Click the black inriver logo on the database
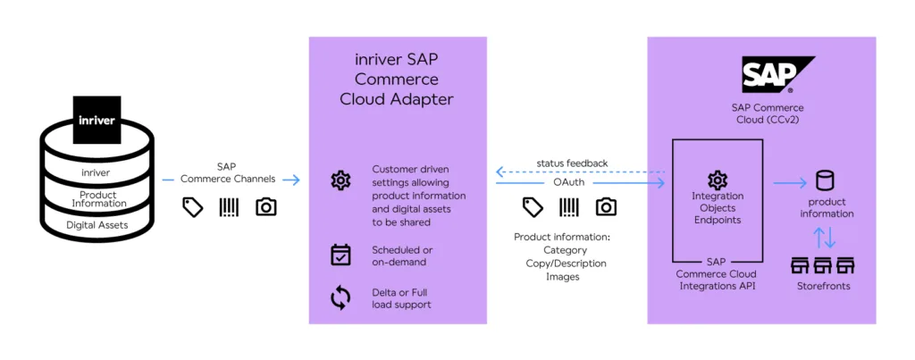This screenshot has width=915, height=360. [x=96, y=120]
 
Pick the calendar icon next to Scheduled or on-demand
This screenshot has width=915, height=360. [x=340, y=255]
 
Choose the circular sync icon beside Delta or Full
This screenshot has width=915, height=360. [x=340, y=297]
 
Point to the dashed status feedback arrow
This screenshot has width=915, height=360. [x=581, y=172]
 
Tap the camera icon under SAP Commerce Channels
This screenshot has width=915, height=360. [x=265, y=207]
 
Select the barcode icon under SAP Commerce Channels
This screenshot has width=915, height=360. [x=230, y=207]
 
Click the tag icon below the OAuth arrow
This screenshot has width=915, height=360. [x=533, y=207]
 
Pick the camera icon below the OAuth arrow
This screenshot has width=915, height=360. [x=606, y=207]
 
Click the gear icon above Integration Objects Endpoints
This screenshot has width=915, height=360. [x=718, y=180]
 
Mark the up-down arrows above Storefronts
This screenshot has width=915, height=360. [x=826, y=237]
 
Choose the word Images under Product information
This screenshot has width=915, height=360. [x=564, y=277]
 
